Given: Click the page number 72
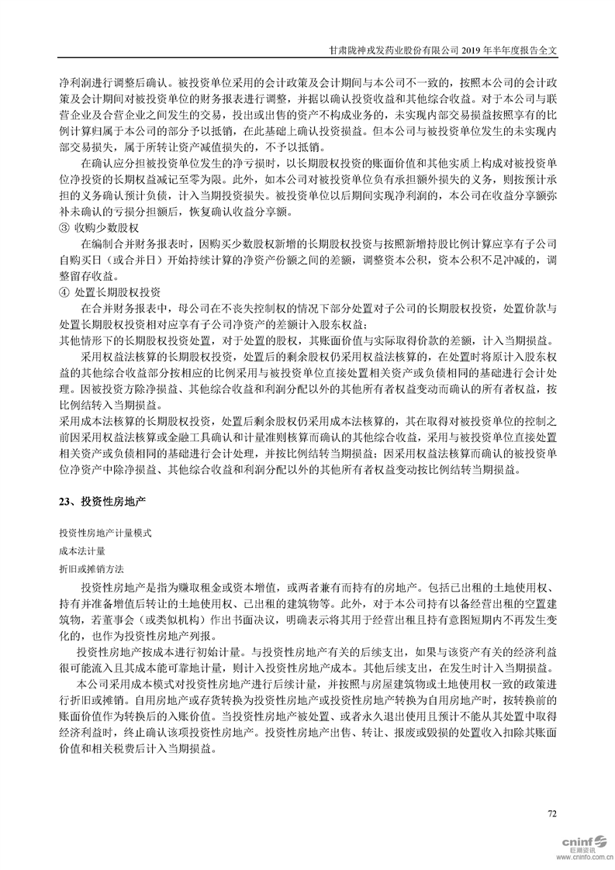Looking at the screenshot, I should point(552,813).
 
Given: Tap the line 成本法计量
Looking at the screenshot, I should point(81,551).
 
